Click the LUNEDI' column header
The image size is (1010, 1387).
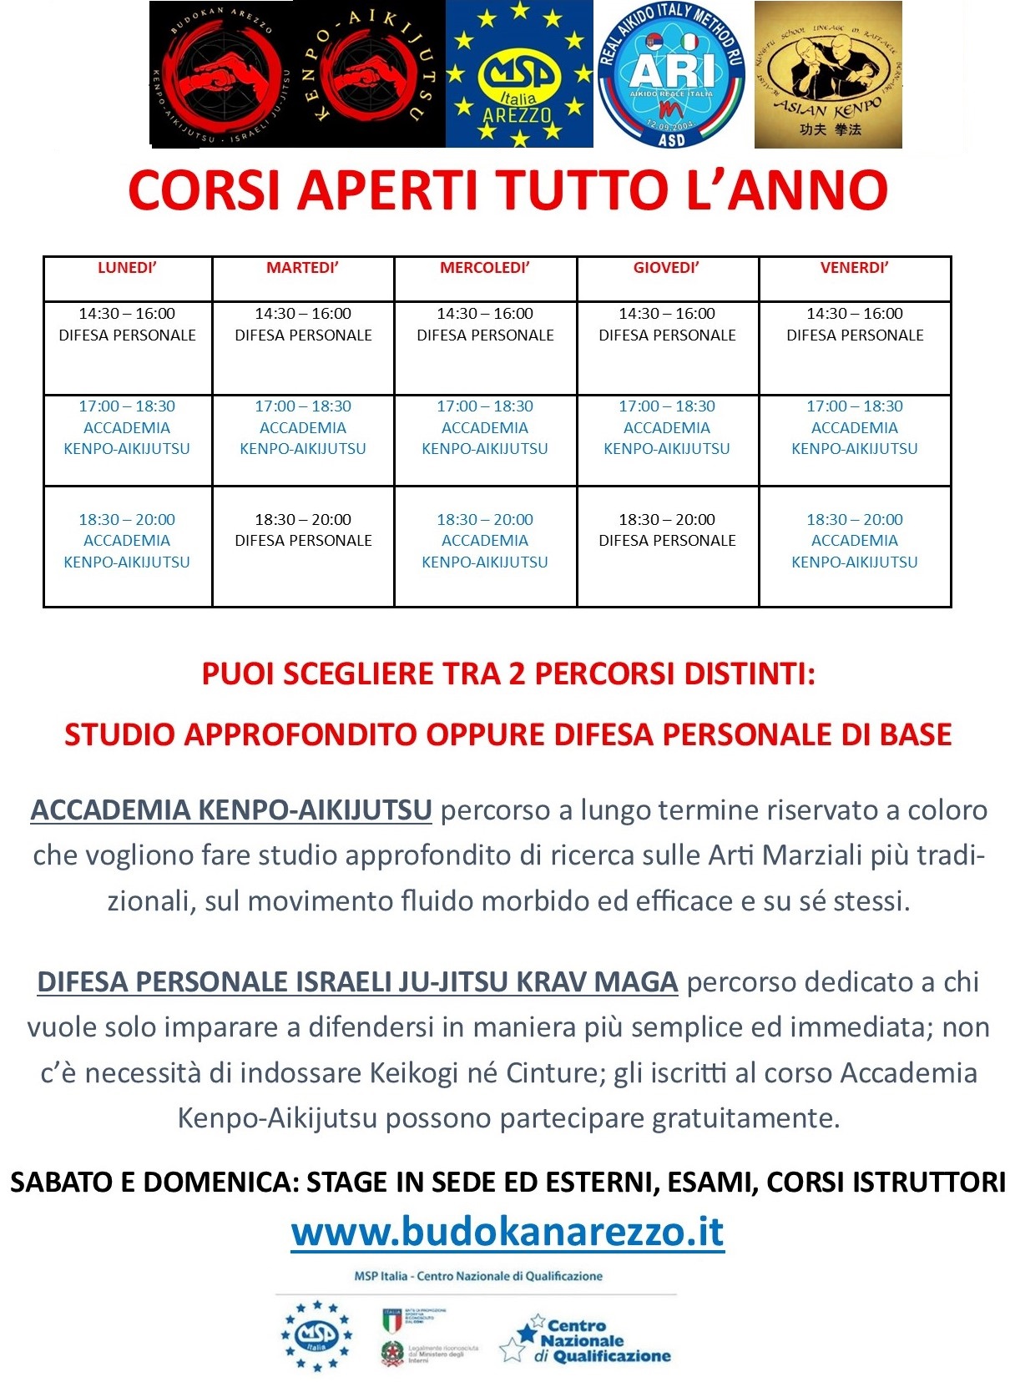tap(127, 268)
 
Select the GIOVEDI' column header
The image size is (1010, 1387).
tap(666, 268)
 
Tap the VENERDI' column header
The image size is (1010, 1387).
tap(854, 268)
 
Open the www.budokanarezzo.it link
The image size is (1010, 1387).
tap(508, 1232)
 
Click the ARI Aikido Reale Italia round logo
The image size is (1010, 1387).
tap(672, 74)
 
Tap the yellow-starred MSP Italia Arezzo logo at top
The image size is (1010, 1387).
tap(519, 74)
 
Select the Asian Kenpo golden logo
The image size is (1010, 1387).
tap(828, 74)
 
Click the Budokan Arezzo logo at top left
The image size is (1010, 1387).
tap(222, 74)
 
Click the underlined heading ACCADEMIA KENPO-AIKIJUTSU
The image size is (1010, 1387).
tap(231, 810)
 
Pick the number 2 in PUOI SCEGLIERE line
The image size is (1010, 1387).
tap(517, 673)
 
